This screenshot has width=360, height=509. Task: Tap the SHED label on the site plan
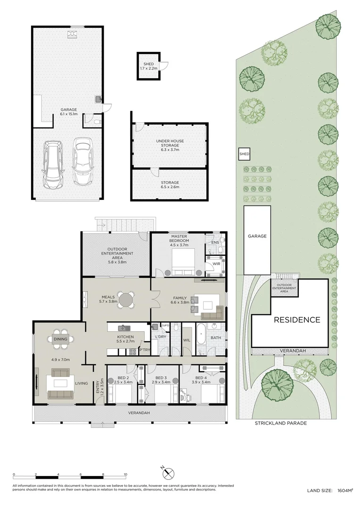pos(244,154)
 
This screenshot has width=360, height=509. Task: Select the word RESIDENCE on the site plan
pos(297,320)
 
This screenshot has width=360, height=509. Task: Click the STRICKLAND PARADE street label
pos(280,423)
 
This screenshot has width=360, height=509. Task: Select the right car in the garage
pos(82,162)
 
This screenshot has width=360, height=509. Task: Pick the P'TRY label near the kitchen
pos(145,350)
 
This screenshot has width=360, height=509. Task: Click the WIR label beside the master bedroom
pos(216,263)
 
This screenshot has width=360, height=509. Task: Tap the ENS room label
pos(215,243)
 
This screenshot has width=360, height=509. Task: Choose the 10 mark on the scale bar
pos(125,474)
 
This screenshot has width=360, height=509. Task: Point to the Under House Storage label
pos(170,143)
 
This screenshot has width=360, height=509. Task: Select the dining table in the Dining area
pos(60,339)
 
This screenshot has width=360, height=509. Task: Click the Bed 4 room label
pos(201,378)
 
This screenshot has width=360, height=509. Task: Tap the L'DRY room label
pos(160,337)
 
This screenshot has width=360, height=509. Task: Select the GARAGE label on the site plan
pos(257,236)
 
